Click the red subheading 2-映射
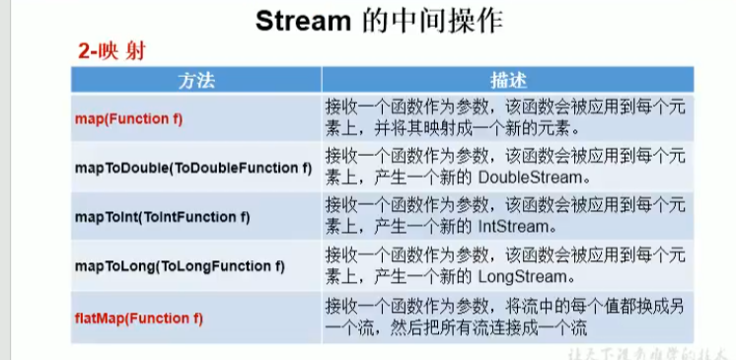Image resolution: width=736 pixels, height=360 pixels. tap(111, 51)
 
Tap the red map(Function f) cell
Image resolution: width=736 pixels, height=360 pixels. tap(129, 118)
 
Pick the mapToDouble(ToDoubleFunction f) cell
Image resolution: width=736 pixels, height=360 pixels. tap(193, 168)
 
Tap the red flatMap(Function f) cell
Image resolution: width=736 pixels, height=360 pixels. tap(139, 318)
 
